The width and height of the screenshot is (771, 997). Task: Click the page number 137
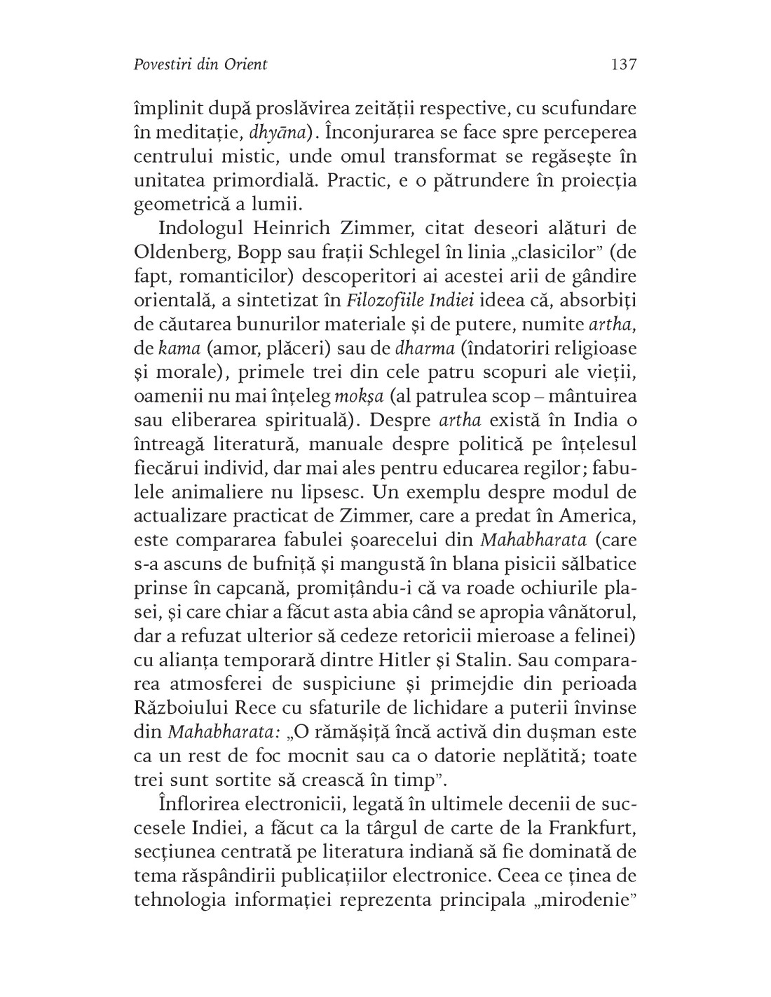[x=623, y=65]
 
